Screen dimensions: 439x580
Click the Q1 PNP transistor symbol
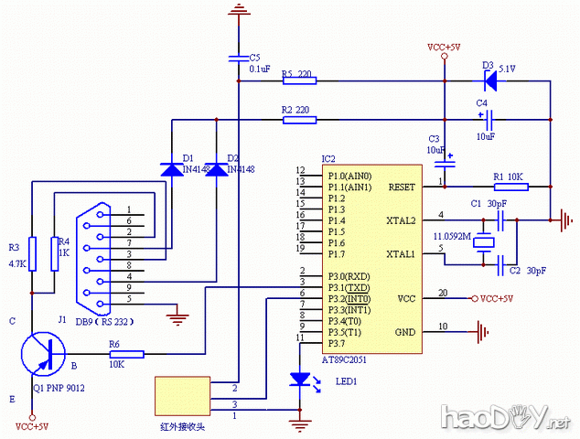(42, 354)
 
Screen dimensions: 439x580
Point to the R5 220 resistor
(299, 80)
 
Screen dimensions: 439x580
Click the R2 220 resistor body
(299, 119)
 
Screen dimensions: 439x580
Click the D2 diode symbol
(216, 169)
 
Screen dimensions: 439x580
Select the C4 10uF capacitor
(489, 119)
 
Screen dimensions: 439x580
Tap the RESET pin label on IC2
(402, 187)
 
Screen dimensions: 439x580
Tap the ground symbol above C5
(239, 10)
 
